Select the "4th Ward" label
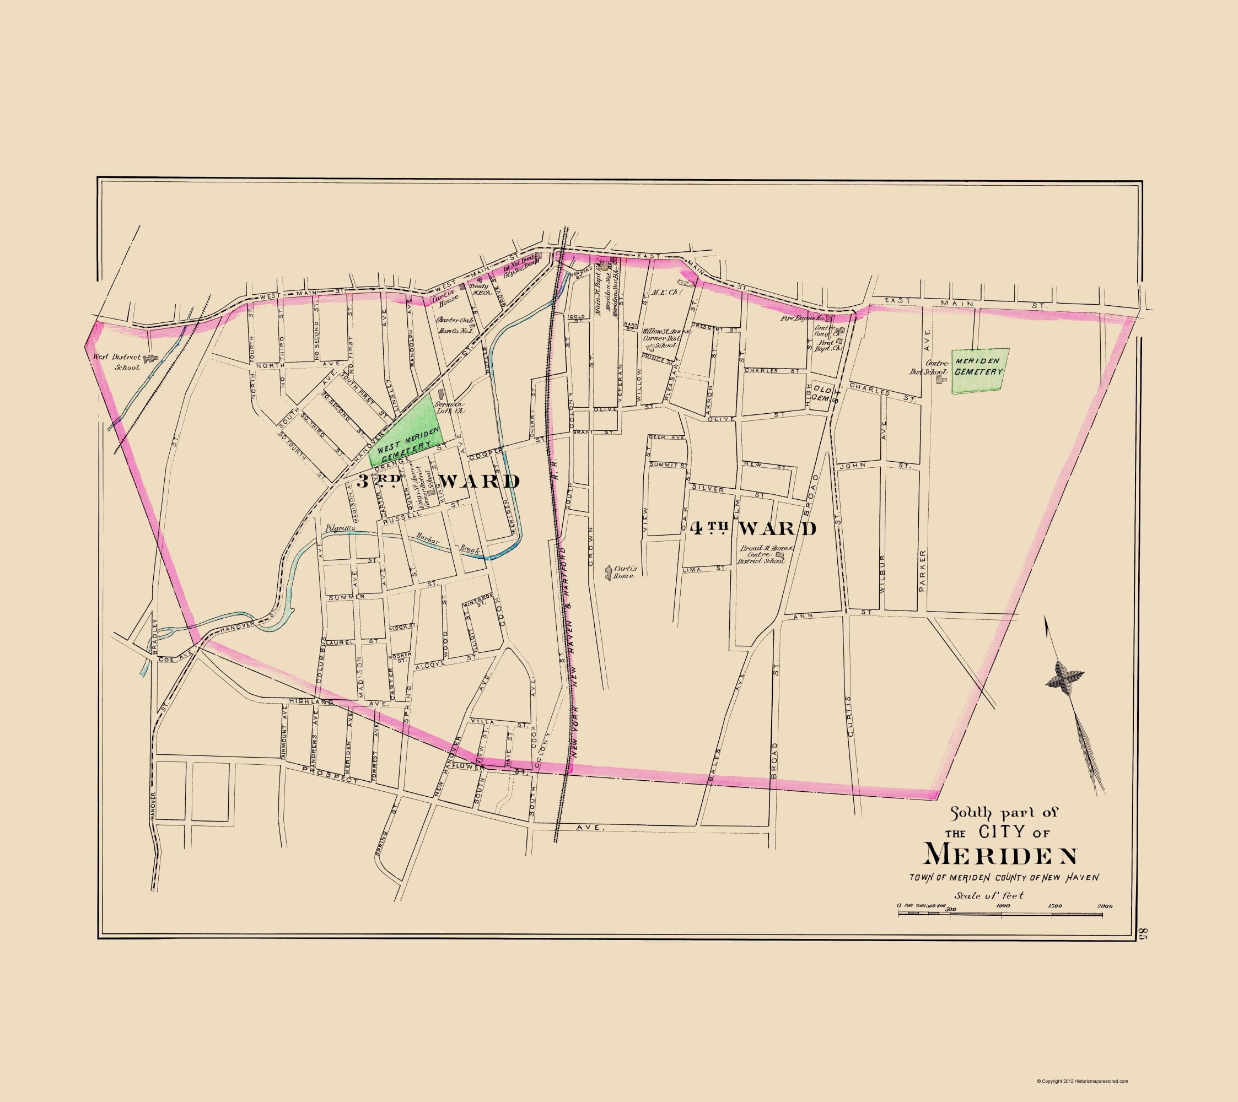point(753,528)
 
